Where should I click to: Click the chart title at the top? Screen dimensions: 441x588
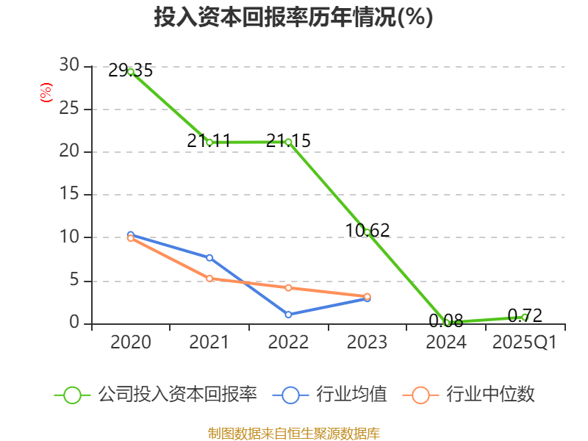click(x=293, y=18)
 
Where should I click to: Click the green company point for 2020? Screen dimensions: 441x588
click(x=131, y=71)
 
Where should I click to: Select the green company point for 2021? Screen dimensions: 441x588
click(x=209, y=142)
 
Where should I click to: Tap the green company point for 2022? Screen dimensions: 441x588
click(x=288, y=142)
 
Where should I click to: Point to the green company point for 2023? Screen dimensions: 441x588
click(x=367, y=232)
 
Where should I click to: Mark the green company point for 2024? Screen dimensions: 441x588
click(x=446, y=322)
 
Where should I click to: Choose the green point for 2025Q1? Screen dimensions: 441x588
click(x=524, y=317)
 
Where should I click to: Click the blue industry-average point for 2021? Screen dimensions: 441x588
click(x=209, y=257)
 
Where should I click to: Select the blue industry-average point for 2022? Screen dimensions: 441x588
click(x=288, y=315)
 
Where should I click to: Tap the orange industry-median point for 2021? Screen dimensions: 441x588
click(x=209, y=278)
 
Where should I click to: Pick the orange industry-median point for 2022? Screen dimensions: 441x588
click(x=288, y=287)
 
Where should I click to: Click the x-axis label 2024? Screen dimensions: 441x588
click(x=446, y=343)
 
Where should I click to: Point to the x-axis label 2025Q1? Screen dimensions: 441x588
click(x=524, y=343)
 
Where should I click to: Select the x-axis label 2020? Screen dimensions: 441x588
click(x=131, y=343)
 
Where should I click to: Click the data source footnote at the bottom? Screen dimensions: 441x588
click(x=293, y=433)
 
